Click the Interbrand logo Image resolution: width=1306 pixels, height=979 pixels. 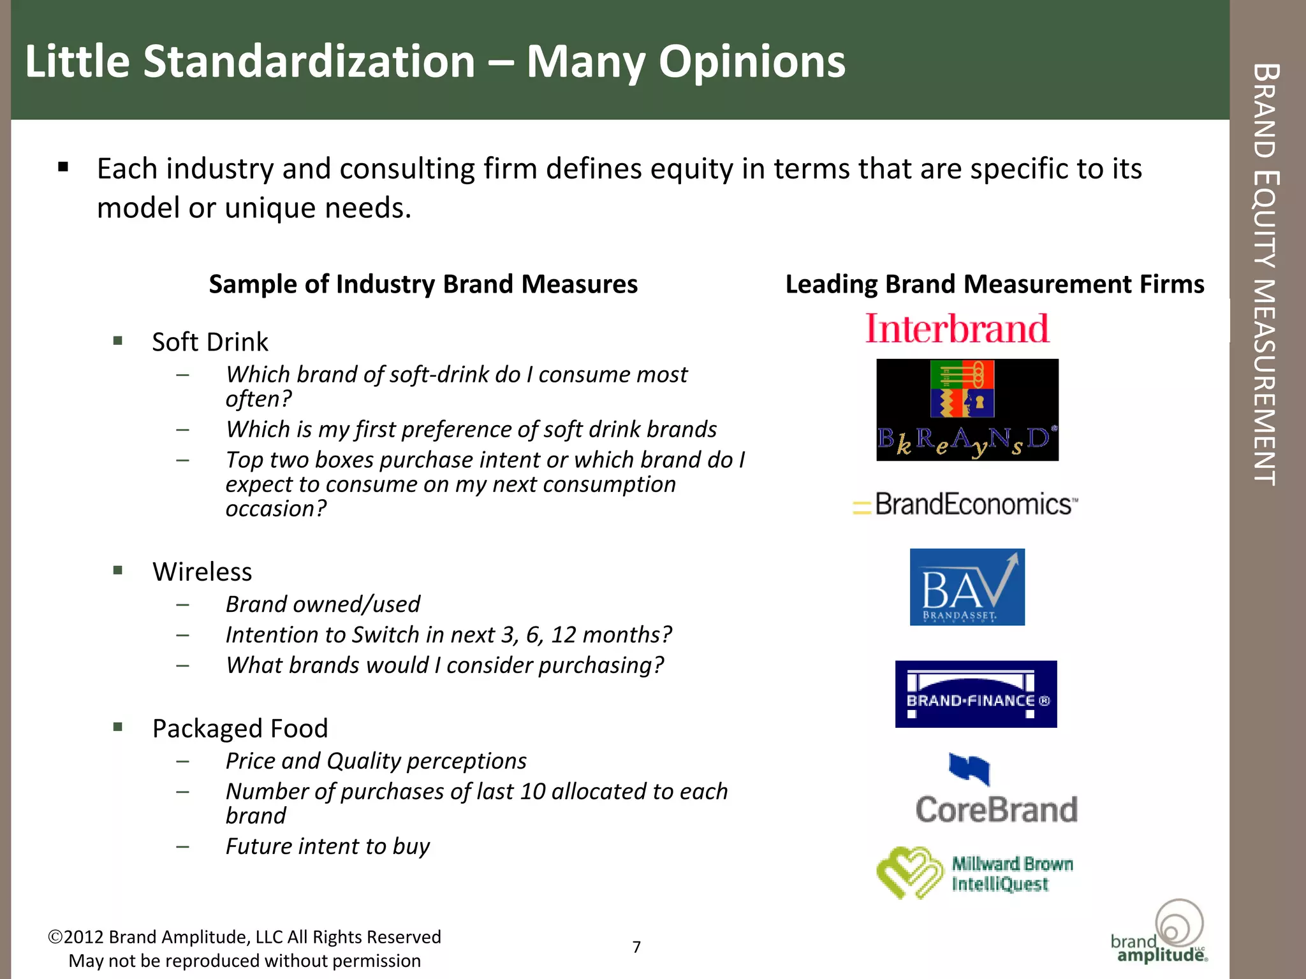coord(957,329)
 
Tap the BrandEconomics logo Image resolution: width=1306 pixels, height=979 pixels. coord(966,504)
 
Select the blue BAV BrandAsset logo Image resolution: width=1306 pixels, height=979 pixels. coord(967,587)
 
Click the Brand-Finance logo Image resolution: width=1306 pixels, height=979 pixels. coord(976,694)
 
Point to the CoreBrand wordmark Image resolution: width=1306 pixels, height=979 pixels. coord(996,809)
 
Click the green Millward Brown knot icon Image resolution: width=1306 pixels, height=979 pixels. coord(909,873)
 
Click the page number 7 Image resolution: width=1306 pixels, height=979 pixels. coord(636,947)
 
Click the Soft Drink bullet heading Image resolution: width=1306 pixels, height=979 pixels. coord(210,342)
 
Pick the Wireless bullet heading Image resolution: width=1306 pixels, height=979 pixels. coord(202,572)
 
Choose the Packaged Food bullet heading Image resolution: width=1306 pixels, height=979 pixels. coord(240,729)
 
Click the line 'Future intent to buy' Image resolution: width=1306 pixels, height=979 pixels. coord(328,846)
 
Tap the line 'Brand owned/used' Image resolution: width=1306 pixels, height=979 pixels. coord(323,604)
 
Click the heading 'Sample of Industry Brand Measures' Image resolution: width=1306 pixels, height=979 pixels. coord(423,284)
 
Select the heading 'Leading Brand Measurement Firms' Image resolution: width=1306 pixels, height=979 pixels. coord(994,284)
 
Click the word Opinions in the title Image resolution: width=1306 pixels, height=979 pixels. coord(751,62)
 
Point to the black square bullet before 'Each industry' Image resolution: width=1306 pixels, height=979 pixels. coord(62,168)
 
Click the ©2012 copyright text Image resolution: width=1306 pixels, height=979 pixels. coord(244,937)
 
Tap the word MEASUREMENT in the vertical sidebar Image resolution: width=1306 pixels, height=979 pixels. coord(1265,382)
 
